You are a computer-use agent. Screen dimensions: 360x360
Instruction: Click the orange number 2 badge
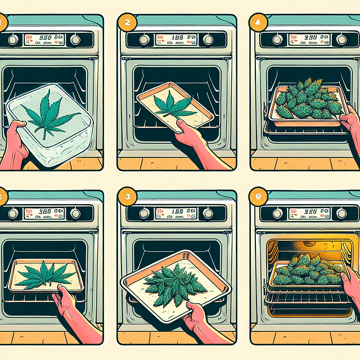[127, 23]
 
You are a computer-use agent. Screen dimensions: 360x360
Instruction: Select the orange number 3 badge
[127, 197]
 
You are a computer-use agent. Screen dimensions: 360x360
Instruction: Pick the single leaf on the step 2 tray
[172, 105]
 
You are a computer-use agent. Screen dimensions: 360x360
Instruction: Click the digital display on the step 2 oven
[177, 40]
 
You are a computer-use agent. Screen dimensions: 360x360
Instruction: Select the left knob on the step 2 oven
[144, 40]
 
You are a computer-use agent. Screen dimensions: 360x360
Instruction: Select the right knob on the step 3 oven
[209, 213]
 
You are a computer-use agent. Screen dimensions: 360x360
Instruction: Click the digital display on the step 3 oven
[177, 213]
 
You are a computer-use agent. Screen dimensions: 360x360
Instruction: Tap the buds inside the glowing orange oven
[308, 271]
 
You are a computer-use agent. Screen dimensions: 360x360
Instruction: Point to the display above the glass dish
[47, 40]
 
